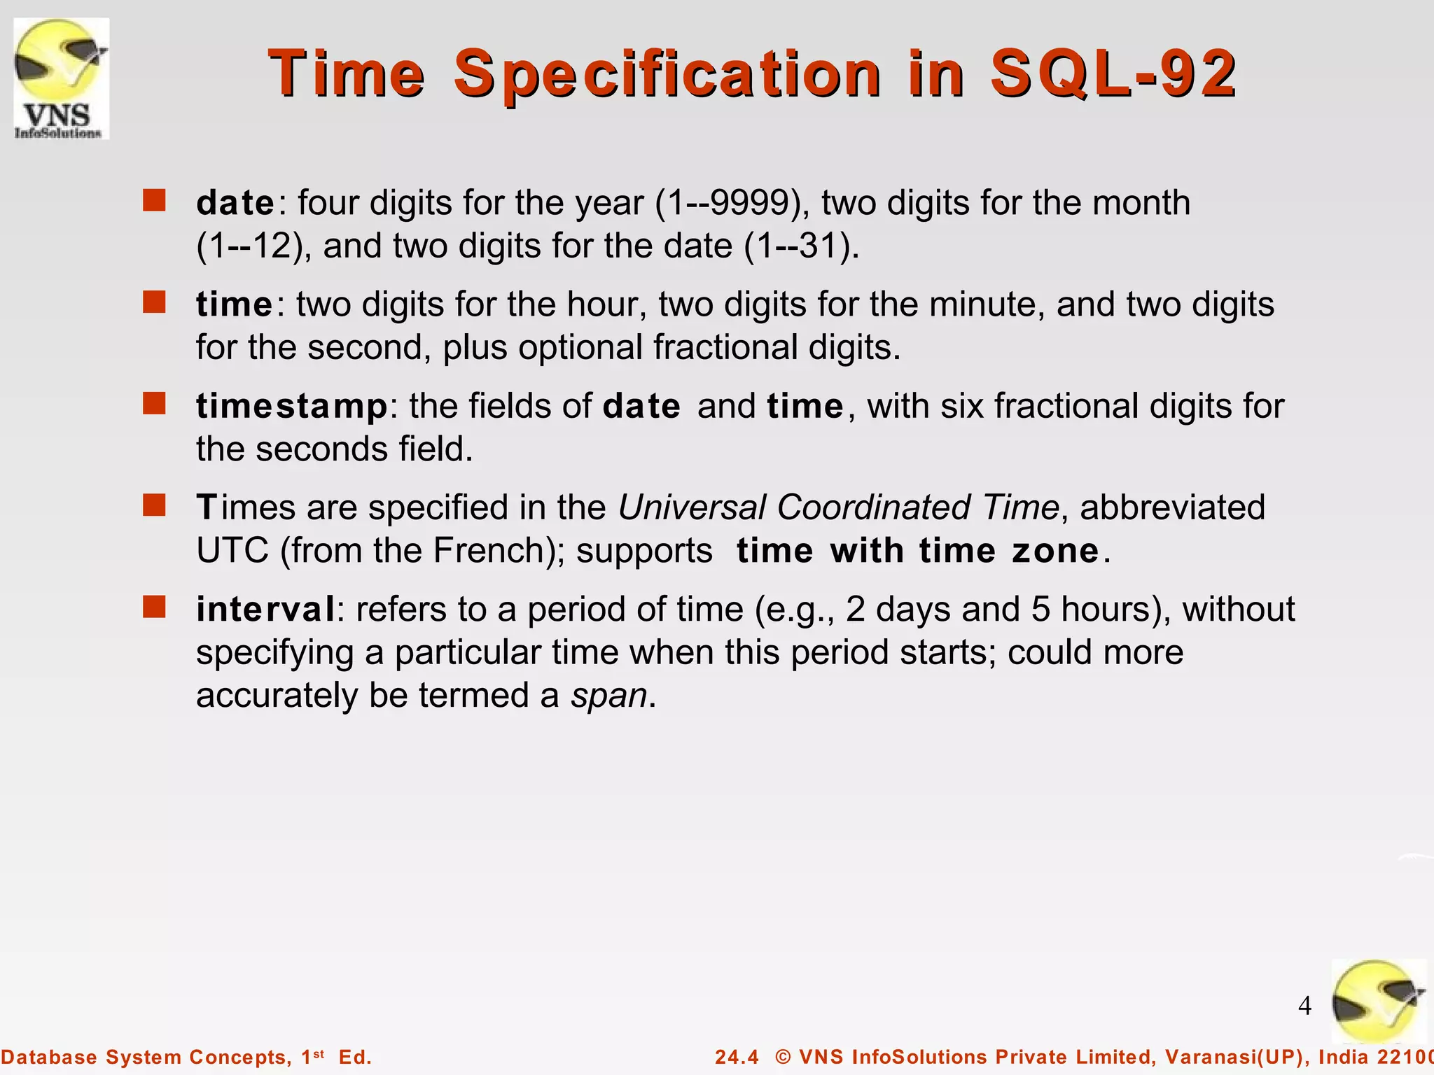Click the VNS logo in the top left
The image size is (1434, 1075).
point(62,78)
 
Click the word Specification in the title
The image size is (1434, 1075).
point(667,73)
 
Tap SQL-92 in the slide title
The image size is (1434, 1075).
point(1113,73)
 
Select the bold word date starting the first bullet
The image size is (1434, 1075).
point(235,203)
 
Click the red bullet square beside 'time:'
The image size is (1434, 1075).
point(154,302)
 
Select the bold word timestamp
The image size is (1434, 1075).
point(291,407)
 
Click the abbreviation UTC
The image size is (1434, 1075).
point(232,551)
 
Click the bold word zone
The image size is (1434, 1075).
point(1055,551)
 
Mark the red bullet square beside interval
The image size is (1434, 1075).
point(154,607)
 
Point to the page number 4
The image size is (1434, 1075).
point(1304,1006)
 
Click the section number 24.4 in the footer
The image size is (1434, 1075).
point(737,1057)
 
